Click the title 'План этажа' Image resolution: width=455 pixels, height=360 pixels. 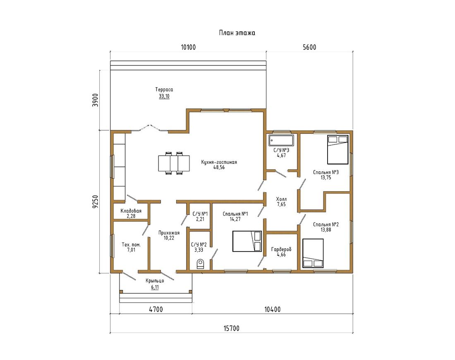point(237,33)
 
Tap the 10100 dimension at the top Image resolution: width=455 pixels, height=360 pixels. point(188,47)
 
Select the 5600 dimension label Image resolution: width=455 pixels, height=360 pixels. point(309,47)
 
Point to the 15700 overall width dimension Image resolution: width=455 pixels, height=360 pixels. point(232,329)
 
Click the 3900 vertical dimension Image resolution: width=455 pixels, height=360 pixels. point(96,100)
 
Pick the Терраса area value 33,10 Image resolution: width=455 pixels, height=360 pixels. point(164,96)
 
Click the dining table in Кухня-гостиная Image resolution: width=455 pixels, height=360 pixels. point(174,163)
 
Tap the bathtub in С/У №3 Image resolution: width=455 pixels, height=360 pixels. point(281,140)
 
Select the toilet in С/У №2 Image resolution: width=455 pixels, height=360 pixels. point(200,264)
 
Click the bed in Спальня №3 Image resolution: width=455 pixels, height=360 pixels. point(338,149)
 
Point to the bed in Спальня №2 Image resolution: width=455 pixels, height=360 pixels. point(313,253)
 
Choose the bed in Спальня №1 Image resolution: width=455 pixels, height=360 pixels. point(247,241)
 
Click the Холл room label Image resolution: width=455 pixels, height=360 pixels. point(281,199)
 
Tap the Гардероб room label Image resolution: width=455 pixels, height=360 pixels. point(281,250)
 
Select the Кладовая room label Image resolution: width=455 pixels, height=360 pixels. point(131,211)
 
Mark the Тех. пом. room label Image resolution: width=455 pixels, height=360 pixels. point(131,245)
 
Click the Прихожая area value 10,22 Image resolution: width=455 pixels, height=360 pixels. point(169,238)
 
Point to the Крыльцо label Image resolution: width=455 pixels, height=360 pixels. point(155,281)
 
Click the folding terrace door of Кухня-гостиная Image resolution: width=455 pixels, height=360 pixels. point(149,128)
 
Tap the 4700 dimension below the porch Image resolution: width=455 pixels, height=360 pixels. point(156,310)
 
